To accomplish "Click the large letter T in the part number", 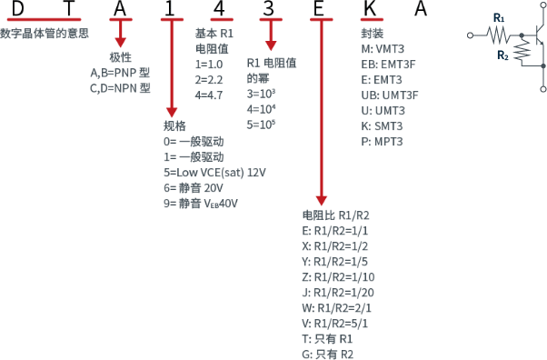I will pyautogui.click(x=68, y=12).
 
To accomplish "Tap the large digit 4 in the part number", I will pyautogui.click(x=219, y=12).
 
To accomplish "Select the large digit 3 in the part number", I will pyautogui.click(x=270, y=12).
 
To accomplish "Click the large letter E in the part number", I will pyautogui.click(x=320, y=12).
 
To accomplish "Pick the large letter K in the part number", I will pyautogui.click(x=370, y=12).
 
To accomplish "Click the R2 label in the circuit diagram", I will pyautogui.click(x=502, y=55).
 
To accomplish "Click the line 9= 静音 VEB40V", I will pyautogui.click(x=201, y=204).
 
